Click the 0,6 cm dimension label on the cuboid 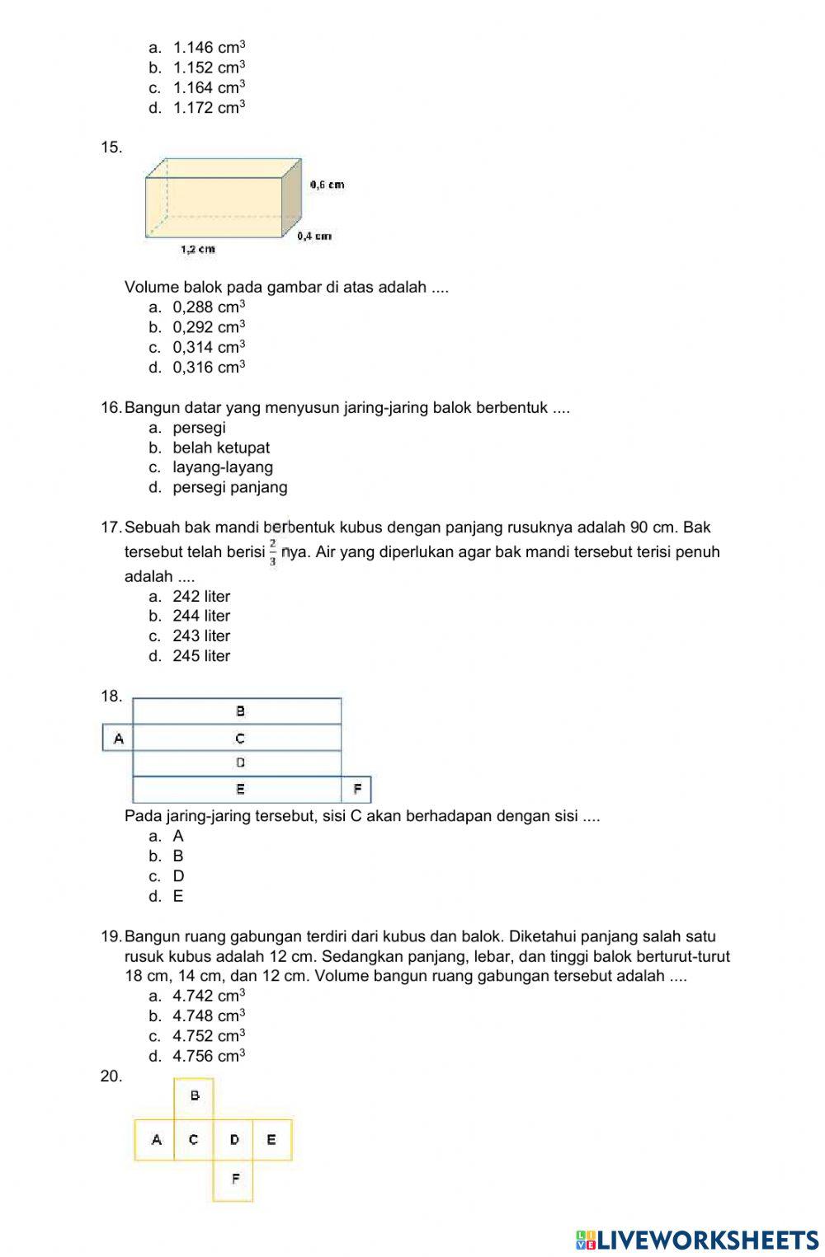[327, 185]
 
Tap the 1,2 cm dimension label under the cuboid [198, 248]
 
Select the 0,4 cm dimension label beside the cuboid [314, 236]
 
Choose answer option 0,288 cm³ [209, 307]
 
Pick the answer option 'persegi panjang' [229, 487]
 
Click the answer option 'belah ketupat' [220, 448]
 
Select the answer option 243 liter [201, 636]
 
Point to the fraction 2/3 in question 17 [273, 552]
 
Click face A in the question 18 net [118, 739]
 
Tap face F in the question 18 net [356, 790]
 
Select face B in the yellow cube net [195, 1096]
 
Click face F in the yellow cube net [234, 1180]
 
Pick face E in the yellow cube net [271, 1140]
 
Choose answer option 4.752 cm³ [209, 1036]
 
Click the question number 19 [111, 936]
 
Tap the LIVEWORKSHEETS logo [697, 1240]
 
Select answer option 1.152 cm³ [209, 68]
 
